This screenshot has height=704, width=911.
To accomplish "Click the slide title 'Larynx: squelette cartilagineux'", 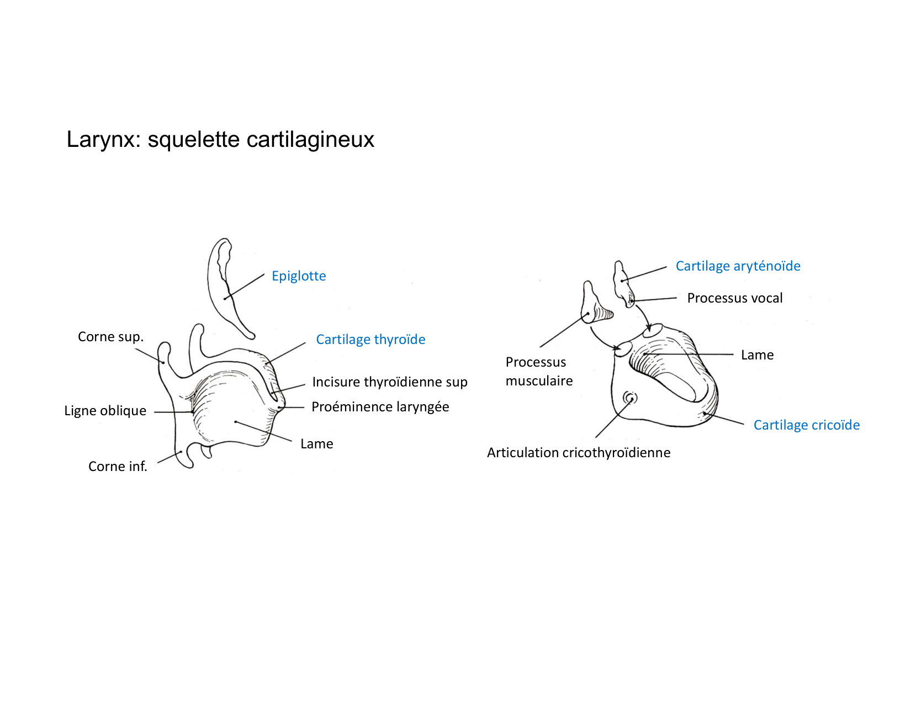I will tap(220, 139).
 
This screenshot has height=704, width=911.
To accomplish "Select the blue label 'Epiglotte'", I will tap(299, 276).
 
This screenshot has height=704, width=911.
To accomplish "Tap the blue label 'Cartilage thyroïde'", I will tap(370, 340).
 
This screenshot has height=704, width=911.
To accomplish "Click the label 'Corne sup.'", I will tap(110, 337).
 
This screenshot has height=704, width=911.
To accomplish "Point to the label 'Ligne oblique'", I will tap(105, 411).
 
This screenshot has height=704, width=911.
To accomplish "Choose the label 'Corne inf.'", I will tap(118, 467).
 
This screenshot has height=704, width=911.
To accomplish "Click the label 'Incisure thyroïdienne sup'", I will tap(389, 382).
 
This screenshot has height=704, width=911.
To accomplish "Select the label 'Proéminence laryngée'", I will tap(380, 407).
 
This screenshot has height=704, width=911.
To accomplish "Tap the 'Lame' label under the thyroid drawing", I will tap(316, 444).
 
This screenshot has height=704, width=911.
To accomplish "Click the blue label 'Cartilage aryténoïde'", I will tap(738, 266).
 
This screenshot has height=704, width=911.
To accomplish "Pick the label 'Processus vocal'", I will tap(734, 298).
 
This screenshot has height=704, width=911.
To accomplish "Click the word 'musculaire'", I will tap(539, 381).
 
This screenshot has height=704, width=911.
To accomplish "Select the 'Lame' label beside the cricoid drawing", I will tap(757, 355).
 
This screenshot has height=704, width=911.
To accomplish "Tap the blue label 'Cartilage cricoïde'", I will tap(806, 425).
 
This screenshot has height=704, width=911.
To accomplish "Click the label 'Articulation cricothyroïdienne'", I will tap(578, 453).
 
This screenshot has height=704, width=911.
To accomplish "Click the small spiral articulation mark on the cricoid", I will tap(630, 398).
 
